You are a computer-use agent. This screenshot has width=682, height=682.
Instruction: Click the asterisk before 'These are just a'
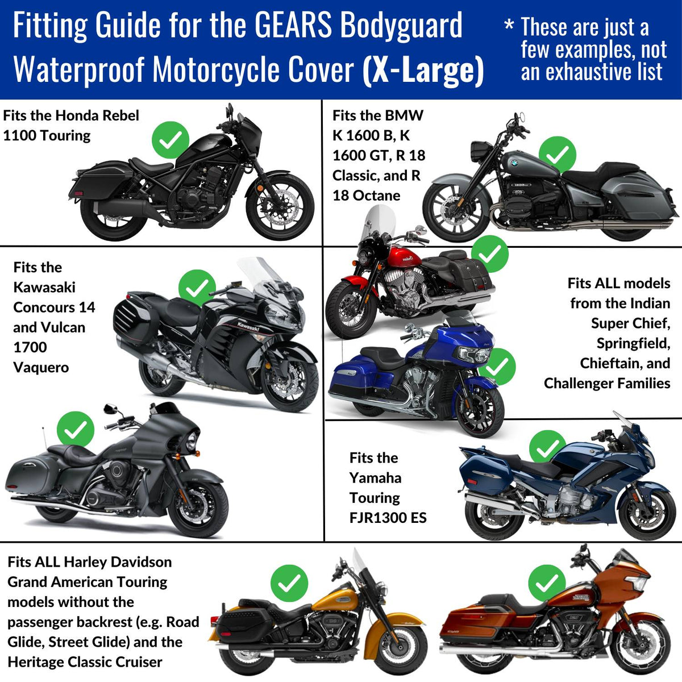[509, 25]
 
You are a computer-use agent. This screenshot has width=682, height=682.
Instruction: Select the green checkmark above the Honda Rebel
[170, 139]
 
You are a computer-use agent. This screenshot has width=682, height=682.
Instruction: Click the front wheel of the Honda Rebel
[280, 206]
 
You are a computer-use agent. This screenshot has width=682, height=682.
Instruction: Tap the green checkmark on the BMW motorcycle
[557, 154]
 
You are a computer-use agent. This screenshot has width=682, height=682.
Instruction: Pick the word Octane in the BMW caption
[375, 196]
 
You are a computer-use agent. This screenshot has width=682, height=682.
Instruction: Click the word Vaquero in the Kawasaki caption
[41, 367]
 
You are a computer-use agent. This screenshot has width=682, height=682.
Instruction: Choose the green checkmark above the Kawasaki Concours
[197, 288]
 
